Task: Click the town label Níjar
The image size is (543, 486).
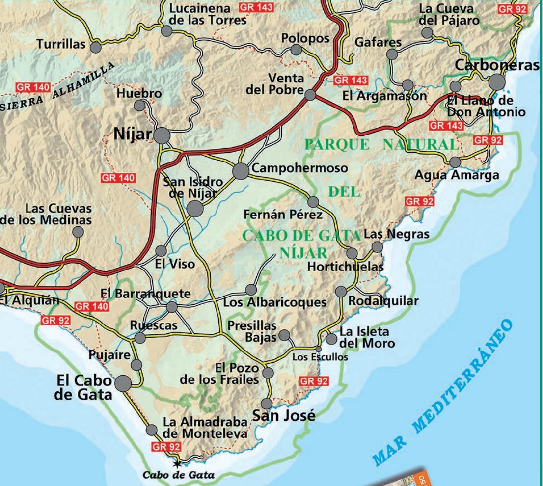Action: coord(133,134)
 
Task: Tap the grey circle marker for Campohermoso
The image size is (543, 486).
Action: coord(241,171)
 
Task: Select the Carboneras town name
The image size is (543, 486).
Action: coord(496,65)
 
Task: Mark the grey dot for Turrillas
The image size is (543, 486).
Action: coord(95,48)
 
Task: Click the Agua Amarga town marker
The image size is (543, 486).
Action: coord(455,162)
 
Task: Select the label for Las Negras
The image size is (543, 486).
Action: coord(397,234)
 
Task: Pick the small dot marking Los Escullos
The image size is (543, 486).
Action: coord(318,349)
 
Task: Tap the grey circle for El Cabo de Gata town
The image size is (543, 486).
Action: coord(123,383)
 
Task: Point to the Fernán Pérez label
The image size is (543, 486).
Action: coord(283,215)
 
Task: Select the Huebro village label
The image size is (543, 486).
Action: coord(139,93)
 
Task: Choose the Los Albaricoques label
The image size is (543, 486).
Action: coord(274,302)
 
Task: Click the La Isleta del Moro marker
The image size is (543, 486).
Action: coord(331,339)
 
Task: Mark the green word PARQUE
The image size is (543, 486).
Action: coord(336,145)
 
